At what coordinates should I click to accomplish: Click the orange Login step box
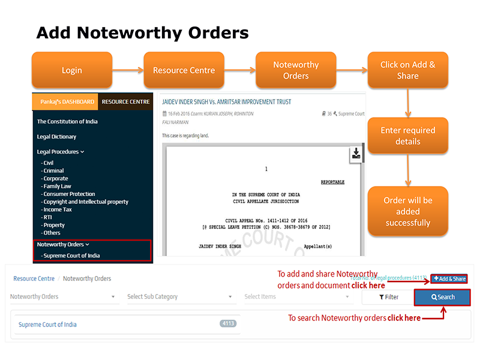(x=72, y=71)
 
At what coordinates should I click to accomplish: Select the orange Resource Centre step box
(x=184, y=71)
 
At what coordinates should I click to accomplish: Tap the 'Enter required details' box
(x=408, y=136)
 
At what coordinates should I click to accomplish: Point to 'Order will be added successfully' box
(x=408, y=211)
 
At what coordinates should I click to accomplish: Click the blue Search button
(x=443, y=297)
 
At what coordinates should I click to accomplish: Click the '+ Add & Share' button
(x=449, y=279)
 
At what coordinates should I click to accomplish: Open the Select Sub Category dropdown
(x=179, y=296)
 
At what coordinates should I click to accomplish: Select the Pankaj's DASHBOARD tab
(x=65, y=102)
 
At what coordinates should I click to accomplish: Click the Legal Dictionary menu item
(x=56, y=137)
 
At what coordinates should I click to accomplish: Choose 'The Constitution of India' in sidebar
(x=67, y=122)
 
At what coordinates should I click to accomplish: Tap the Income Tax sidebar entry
(x=58, y=209)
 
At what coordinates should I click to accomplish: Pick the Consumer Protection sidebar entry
(x=69, y=194)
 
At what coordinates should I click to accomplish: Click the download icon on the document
(x=356, y=154)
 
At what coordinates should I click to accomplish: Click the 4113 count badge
(x=228, y=323)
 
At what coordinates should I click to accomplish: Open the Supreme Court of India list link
(x=47, y=325)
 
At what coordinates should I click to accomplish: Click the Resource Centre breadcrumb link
(x=34, y=278)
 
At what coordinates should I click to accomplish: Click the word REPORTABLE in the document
(x=333, y=182)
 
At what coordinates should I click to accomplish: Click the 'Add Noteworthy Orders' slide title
(x=142, y=32)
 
